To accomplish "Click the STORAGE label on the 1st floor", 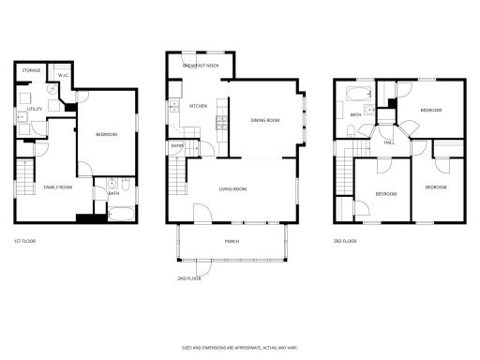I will (31, 70).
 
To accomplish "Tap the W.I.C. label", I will (64, 76).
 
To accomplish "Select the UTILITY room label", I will (22, 110).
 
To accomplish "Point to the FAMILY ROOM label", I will (58, 187).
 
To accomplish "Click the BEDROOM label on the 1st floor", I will (106, 135).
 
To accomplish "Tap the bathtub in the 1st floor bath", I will (120, 214).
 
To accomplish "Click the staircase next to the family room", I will (27, 178).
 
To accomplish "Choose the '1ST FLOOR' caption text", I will (25, 240).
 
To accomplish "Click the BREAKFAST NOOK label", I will (201, 66).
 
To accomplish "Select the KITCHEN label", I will (199, 106).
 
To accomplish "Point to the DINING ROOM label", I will (265, 120).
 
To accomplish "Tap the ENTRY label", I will (177, 146).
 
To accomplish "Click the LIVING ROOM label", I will (232, 188).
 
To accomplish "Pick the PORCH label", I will (231, 241).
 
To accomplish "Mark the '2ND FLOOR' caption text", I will (189, 278).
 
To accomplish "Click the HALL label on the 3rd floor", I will (389, 142).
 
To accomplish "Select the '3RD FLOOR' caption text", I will (345, 240).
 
